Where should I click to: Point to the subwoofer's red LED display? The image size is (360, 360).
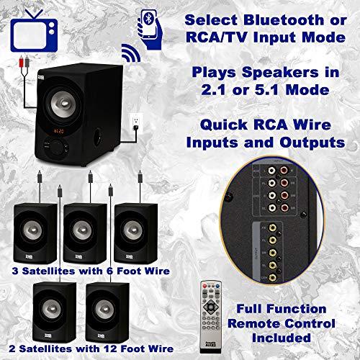pyautogui.click(x=62, y=131)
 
